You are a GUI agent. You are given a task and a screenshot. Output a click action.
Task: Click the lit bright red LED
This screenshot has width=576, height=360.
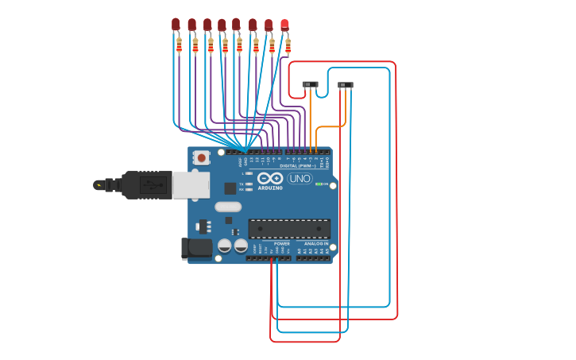(284, 25)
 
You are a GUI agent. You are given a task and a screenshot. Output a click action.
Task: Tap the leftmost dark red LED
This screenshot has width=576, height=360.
(176, 25)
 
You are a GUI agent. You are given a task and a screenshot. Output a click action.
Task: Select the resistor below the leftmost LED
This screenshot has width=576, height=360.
(179, 45)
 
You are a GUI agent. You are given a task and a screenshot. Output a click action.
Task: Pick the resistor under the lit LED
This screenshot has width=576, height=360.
(288, 45)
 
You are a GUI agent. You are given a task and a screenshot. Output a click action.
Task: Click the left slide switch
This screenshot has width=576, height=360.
(310, 84)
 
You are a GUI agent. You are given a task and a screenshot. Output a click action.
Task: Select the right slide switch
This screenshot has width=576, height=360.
(345, 85)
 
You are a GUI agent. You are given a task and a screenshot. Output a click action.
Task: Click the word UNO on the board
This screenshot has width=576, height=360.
(300, 179)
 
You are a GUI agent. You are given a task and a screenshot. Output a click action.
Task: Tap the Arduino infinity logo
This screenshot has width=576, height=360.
(270, 179)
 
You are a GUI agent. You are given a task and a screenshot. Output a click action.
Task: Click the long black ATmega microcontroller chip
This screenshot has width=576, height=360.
(289, 229)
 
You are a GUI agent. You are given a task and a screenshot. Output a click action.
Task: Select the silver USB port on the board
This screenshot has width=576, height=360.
(191, 184)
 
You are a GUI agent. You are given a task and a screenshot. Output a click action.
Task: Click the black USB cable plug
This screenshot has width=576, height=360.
(146, 185)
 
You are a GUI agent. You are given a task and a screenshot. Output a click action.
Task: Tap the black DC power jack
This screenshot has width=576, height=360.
(196, 248)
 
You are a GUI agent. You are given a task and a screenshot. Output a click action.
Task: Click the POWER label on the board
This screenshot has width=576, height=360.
(281, 244)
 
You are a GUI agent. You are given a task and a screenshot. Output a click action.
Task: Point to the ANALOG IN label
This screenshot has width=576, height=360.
(315, 244)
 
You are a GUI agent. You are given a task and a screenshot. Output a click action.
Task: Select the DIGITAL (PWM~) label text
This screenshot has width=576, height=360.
(295, 165)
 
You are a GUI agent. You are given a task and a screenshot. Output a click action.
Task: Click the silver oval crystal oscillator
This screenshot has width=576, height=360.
(227, 207)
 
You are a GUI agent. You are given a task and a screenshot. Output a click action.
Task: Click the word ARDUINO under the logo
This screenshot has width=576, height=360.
(270, 188)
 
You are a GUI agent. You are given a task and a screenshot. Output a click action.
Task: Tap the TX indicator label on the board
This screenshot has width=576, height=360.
(242, 184)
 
